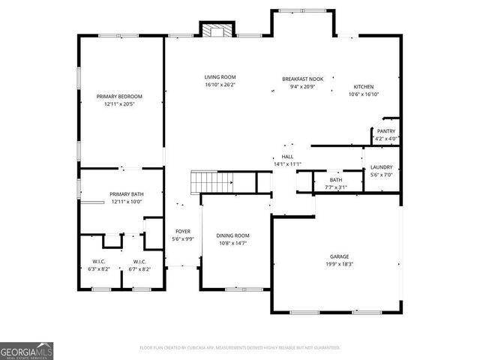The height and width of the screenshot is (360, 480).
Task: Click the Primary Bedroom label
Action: point(119,97)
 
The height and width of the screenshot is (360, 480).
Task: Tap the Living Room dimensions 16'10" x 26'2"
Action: point(220,85)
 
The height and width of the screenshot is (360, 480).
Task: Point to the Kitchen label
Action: point(364,87)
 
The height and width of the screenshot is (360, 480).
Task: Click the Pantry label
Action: point(386,131)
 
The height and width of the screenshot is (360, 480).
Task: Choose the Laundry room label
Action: point(381,167)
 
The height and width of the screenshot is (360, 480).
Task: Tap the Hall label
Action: point(287,157)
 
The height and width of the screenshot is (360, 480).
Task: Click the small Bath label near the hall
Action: point(336,180)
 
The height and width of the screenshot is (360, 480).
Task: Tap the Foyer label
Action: point(183,232)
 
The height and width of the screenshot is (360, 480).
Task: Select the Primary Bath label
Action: point(127,194)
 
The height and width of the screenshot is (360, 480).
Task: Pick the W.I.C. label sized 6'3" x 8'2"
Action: point(99,262)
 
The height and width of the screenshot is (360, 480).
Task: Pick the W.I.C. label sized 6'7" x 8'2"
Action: point(139,262)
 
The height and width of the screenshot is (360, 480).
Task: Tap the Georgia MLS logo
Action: point(27,351)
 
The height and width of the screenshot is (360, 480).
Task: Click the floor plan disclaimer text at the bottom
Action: point(240,348)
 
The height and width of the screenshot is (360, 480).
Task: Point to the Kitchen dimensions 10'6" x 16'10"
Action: point(364,94)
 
